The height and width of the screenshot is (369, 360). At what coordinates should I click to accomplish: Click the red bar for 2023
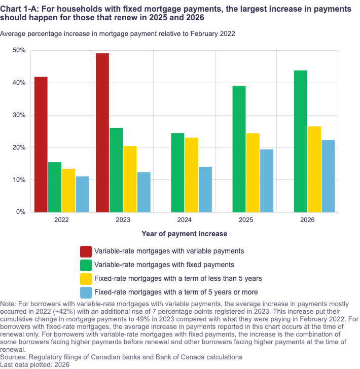[x=102, y=132]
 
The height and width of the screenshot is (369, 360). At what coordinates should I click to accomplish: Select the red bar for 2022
[x=41, y=144]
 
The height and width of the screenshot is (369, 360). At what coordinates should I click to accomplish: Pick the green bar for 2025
[x=239, y=149]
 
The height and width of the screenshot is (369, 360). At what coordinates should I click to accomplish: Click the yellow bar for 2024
[x=192, y=174]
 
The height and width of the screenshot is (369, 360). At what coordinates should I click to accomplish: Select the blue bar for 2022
[x=82, y=194]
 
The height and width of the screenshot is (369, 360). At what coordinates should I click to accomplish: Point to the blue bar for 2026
[x=328, y=176]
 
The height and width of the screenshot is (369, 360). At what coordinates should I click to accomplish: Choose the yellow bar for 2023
[x=130, y=179]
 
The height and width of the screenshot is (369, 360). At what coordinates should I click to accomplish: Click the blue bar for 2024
[x=205, y=189]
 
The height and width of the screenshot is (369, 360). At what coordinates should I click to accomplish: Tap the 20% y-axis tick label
[x=19, y=147]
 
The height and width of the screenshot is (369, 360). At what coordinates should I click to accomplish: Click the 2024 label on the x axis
[x=185, y=220]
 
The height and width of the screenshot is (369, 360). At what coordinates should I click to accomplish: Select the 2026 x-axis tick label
[x=307, y=220]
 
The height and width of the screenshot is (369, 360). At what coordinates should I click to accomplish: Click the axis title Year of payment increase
[x=185, y=234]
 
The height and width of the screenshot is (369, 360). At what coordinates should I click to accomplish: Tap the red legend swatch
[x=86, y=251]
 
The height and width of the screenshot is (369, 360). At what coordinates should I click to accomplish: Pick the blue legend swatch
[x=86, y=292]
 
